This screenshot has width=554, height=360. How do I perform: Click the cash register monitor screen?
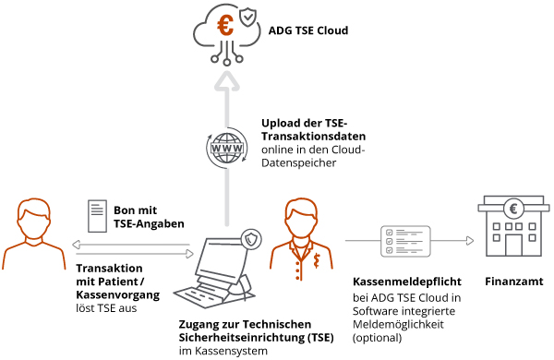click(x=225, y=253)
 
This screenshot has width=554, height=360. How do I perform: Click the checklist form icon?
click(x=406, y=242)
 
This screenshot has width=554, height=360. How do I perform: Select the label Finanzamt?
click(x=514, y=282)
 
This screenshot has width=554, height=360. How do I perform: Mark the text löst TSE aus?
click(x=106, y=307)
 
